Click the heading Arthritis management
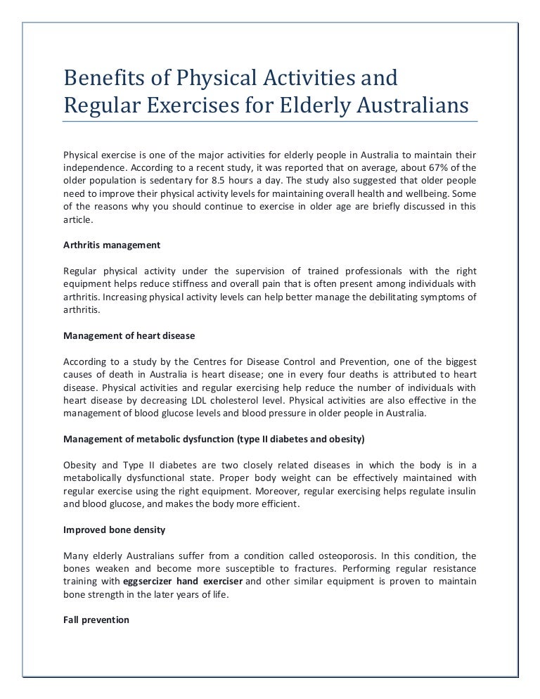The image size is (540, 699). [112, 245]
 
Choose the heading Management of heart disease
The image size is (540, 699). [129, 335]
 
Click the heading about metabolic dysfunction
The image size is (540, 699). [214, 440]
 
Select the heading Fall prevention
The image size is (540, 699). [96, 620]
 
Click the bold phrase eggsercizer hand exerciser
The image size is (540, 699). [183, 581]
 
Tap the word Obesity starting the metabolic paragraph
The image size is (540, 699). [80, 465]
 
